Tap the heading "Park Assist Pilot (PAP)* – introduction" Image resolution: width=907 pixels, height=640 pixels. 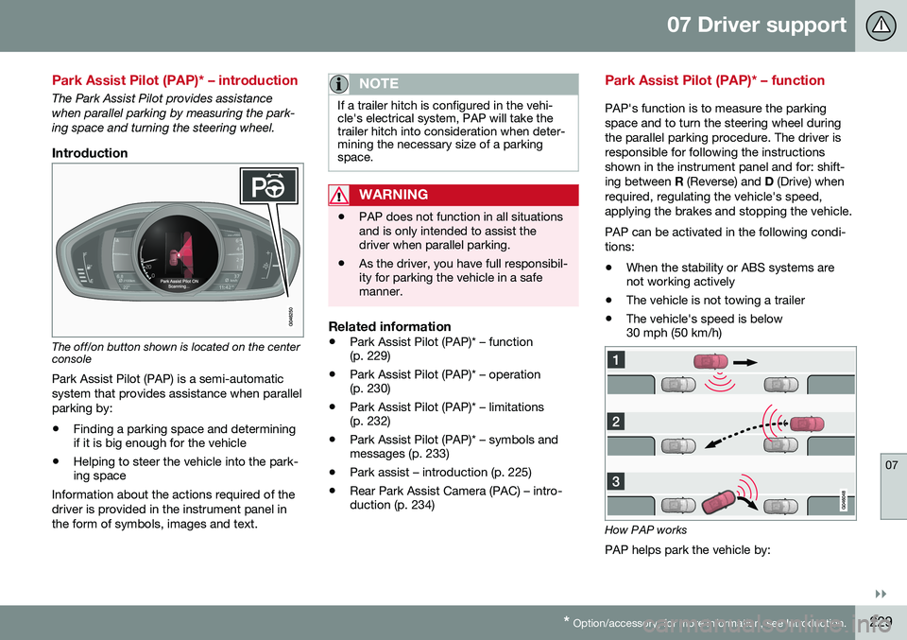(x=176, y=80)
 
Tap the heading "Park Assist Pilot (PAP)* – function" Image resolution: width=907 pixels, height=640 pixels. (x=714, y=80)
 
